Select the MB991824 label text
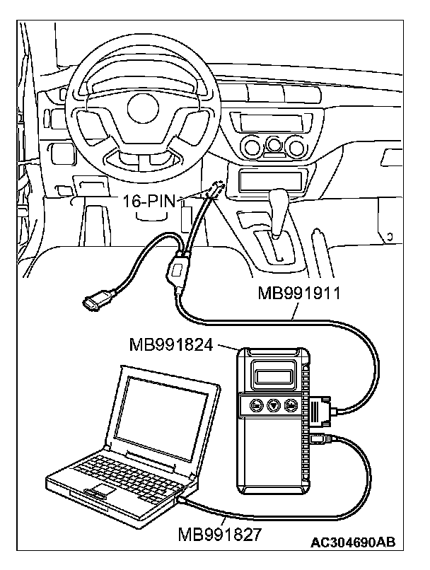pos(173,344)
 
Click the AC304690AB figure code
pos(352,543)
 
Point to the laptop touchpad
pos(102,490)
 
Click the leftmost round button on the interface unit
pos(254,406)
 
